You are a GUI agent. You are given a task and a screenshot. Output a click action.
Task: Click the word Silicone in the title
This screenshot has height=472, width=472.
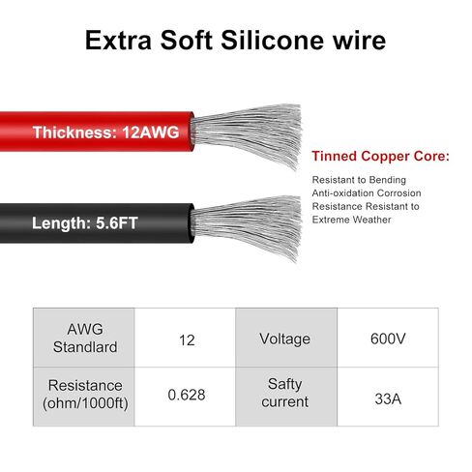[x=272, y=41]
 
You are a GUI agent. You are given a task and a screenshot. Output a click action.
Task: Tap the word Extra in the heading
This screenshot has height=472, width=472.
[x=118, y=41]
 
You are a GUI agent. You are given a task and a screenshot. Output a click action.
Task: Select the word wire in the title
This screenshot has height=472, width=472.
[x=359, y=41]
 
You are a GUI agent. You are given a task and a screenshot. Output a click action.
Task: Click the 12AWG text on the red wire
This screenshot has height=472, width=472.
[x=151, y=133]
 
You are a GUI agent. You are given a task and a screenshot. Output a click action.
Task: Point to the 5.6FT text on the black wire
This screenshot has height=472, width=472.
[x=117, y=223]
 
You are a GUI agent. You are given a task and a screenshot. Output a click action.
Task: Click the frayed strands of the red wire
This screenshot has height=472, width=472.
[x=247, y=135]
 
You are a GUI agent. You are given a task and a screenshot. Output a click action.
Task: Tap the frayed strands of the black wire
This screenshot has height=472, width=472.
[x=247, y=227]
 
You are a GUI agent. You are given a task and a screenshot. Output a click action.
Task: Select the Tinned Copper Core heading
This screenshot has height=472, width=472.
[x=380, y=156]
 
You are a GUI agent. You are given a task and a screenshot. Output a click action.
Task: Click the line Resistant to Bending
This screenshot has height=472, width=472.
[x=359, y=180]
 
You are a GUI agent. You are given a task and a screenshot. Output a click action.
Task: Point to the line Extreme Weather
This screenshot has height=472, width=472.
[x=351, y=220]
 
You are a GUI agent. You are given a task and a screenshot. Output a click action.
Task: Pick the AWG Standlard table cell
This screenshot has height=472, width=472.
[x=84, y=338]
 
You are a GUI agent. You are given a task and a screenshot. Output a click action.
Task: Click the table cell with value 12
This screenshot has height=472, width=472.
[x=185, y=338]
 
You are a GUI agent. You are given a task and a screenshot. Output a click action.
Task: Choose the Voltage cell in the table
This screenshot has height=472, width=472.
[x=286, y=338]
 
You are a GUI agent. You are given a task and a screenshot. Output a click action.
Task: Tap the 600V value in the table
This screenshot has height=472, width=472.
[x=388, y=338]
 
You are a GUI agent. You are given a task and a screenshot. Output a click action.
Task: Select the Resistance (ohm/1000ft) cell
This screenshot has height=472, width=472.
[x=84, y=397]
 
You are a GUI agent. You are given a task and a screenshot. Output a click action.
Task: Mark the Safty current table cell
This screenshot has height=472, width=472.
[x=286, y=397]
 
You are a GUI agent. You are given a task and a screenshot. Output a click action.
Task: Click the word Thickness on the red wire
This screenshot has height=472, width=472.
[x=75, y=133]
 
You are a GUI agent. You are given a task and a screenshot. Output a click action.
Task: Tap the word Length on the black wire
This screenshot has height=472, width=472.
[x=61, y=223]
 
